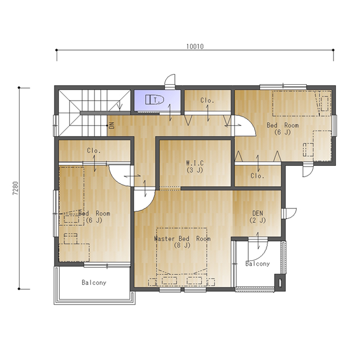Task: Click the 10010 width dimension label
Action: pos(195,47)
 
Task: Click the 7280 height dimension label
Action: pos(15,188)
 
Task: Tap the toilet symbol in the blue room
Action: pos(155,100)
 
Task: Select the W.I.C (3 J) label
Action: pos(195,166)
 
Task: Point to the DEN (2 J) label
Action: pos(258,217)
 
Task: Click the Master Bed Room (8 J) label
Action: pos(182,242)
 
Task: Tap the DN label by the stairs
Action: pos(112,125)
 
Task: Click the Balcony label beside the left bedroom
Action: pos(94,282)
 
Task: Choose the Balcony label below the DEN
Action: pos(257,264)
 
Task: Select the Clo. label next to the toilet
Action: pos(208,101)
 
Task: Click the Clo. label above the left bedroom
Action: pos(94,150)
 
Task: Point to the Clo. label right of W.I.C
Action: pos(257,176)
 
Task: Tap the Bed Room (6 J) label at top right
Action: pos(283,129)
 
